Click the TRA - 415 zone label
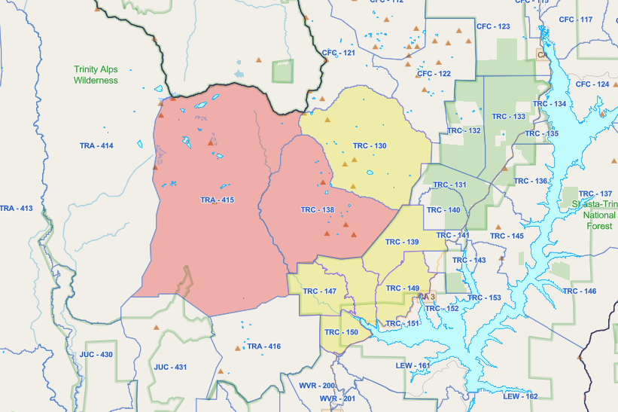click(218, 200)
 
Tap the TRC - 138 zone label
click(317, 209)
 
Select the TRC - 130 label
click(369, 145)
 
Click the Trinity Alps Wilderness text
click(96, 75)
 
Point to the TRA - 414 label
click(96, 145)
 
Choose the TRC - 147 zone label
click(319, 291)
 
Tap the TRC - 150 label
click(341, 332)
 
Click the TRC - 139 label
click(401, 242)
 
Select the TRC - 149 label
click(402, 288)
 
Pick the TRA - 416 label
click(263, 346)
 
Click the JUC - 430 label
click(96, 354)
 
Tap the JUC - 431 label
click(170, 367)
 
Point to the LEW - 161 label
click(413, 366)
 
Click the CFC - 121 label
click(338, 53)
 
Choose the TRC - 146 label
click(579, 291)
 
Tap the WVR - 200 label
click(316, 386)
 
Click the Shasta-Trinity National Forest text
click(594, 215)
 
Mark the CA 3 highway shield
click(427, 297)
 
